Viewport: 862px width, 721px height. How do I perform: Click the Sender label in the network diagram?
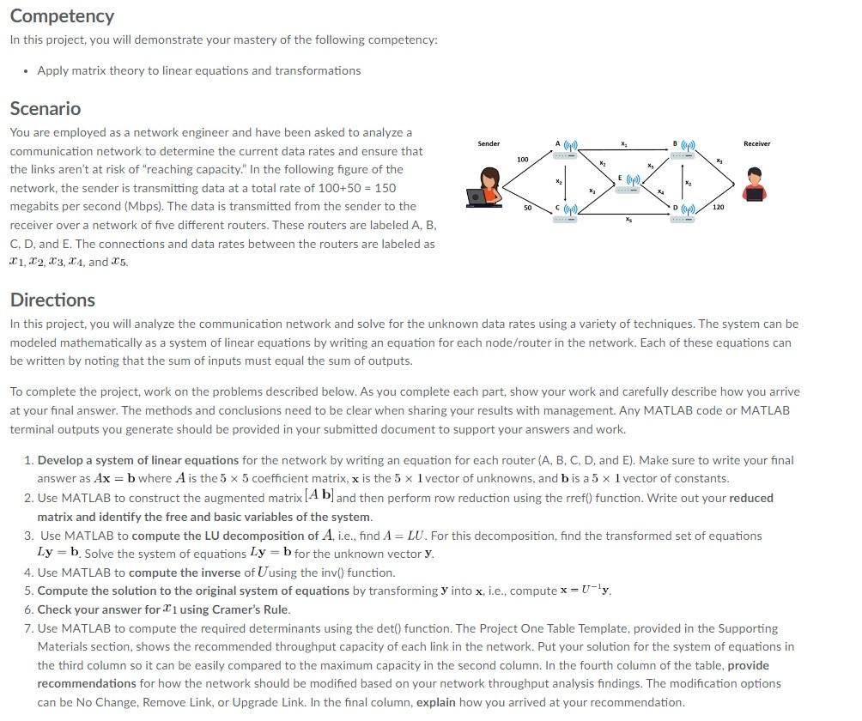(x=489, y=143)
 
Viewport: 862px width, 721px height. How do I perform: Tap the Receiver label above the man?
(x=756, y=143)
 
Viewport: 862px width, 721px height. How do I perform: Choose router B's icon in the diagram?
(x=684, y=148)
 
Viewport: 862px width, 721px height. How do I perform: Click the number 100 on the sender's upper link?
(x=522, y=160)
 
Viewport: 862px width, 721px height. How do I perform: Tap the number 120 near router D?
(x=718, y=209)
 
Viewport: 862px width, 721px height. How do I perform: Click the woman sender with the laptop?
(x=488, y=187)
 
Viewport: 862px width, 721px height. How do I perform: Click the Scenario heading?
(x=46, y=109)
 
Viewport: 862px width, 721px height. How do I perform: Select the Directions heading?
(x=52, y=300)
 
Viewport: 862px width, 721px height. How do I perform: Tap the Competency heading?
(x=62, y=16)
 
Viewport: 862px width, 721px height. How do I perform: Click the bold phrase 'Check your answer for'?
(x=98, y=609)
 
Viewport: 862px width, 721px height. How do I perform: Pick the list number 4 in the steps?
(x=28, y=573)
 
